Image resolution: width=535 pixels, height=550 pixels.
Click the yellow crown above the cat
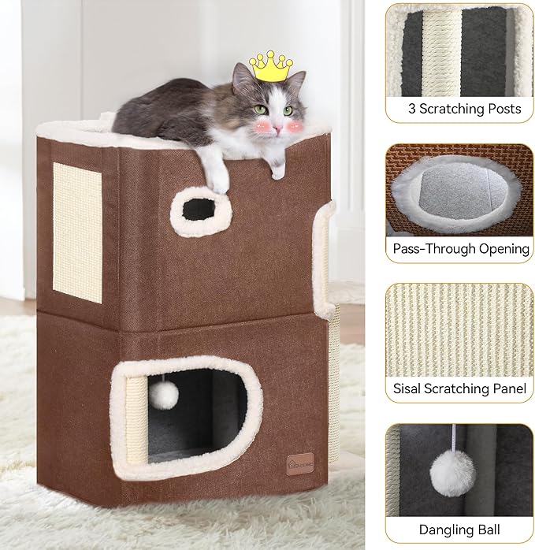(x=270, y=66)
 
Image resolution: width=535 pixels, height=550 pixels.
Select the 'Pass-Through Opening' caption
(x=461, y=248)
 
